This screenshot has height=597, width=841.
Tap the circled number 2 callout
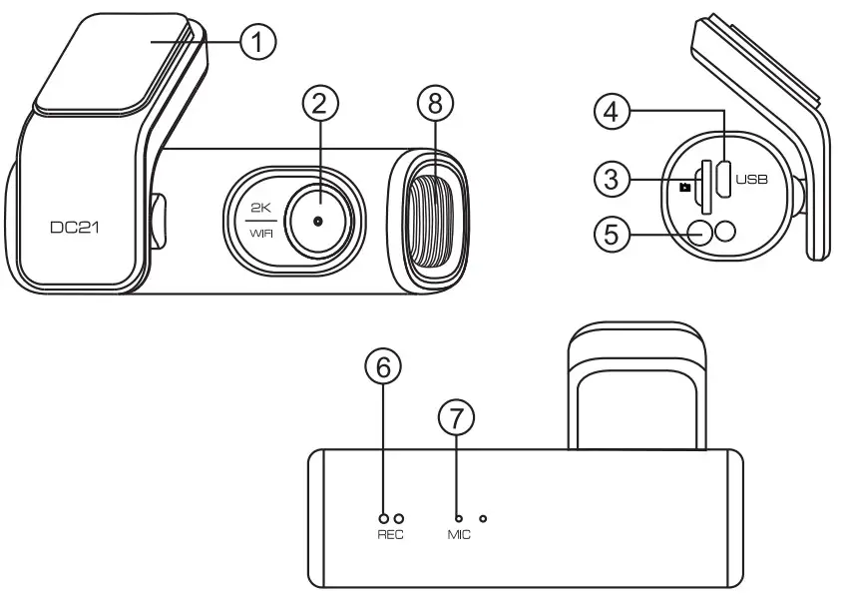(319, 103)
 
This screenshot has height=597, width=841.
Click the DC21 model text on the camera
(76, 229)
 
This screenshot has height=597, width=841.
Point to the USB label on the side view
(748, 181)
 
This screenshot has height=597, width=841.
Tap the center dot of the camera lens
(318, 219)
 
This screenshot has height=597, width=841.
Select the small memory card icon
(684, 187)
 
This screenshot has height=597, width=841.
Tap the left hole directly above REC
(383, 518)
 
